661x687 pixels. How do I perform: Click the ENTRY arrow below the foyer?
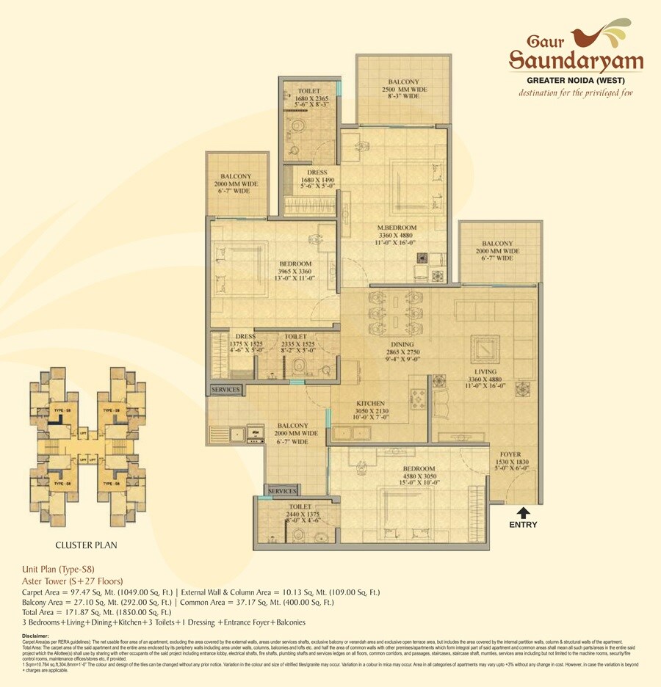coord(523,512)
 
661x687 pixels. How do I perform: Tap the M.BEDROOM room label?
coord(397,228)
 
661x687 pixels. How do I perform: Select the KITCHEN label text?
coord(371,404)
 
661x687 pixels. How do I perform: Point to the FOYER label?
coord(511,455)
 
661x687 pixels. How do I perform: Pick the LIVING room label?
coord(478,373)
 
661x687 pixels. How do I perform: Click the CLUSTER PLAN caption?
coord(87,545)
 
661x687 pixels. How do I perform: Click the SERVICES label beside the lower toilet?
coord(282,490)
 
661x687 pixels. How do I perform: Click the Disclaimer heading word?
coord(35,636)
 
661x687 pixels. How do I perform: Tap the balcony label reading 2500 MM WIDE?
coord(404,89)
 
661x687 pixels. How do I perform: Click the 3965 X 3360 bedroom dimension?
coord(295,271)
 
